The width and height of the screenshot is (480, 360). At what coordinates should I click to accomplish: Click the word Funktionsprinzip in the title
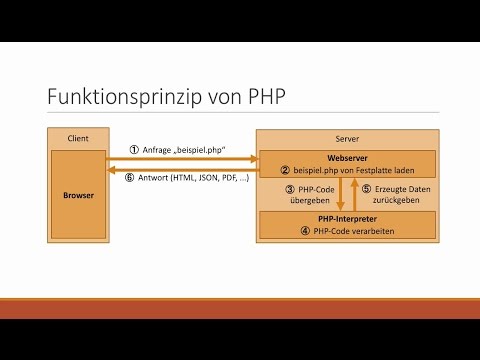point(125,98)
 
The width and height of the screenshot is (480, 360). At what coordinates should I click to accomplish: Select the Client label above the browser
point(77,138)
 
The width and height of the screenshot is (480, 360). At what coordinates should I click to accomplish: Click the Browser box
point(77,195)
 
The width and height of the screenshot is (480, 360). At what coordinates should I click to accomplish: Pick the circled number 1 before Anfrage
point(134,150)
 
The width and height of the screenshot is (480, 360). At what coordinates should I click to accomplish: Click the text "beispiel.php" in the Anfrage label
point(201,150)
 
